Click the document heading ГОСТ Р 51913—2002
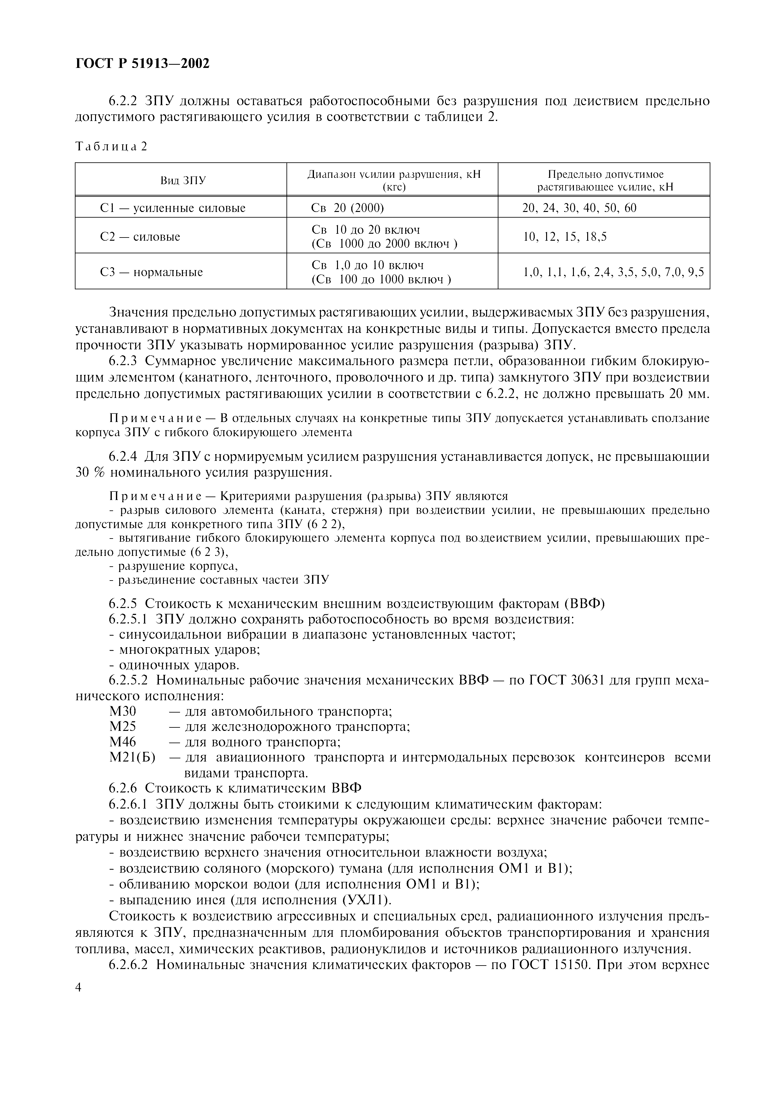pos(142,63)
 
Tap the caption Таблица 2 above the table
pos(111,146)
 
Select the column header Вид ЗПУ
pos(183,180)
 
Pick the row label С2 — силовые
pos(140,237)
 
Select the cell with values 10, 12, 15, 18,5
pos(565,237)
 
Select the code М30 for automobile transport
pos(123,711)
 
